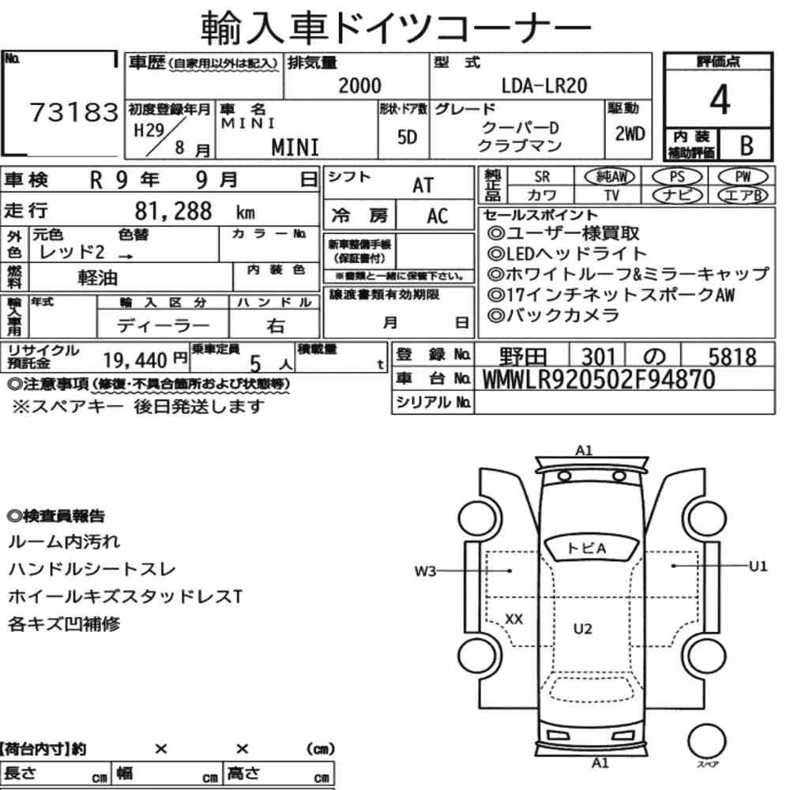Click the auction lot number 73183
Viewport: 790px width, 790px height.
tap(74, 112)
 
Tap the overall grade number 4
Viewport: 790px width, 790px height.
tap(720, 100)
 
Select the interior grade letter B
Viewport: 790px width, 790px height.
tap(747, 145)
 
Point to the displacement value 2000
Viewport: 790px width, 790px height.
tap(359, 85)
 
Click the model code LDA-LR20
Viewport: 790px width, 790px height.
tap(544, 85)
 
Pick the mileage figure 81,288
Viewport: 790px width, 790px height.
tap(173, 211)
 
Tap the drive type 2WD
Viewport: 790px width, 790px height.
tap(630, 134)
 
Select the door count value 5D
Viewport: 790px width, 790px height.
tap(407, 137)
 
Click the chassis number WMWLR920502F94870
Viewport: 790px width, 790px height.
tap(599, 379)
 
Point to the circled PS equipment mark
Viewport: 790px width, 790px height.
tap(677, 177)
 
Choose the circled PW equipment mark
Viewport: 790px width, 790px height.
tap(743, 177)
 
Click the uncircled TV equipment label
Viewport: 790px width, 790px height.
tap(611, 195)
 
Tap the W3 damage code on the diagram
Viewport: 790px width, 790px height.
tap(425, 571)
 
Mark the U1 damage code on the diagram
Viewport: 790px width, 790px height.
tap(758, 566)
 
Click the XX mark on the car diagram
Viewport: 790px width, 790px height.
tap(513, 619)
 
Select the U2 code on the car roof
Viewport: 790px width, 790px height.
tap(582, 628)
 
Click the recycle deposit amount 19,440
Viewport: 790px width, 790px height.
tap(135, 360)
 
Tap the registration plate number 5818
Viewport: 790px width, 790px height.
tap(732, 357)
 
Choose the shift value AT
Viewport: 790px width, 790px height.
tap(423, 186)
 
